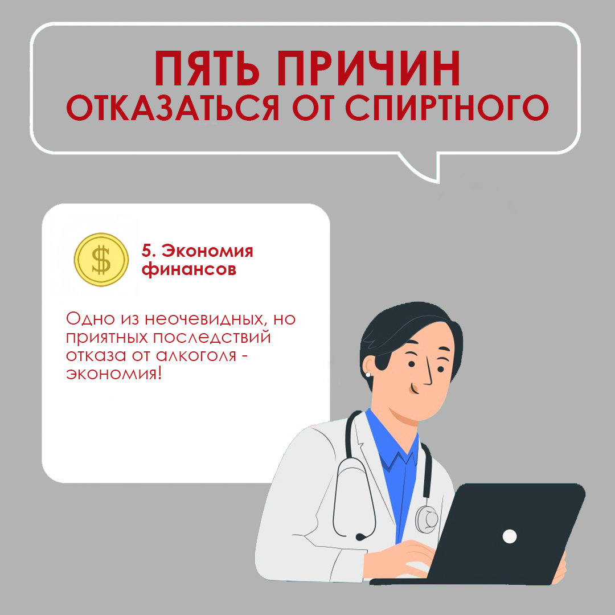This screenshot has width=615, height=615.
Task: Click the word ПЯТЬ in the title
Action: (207, 69)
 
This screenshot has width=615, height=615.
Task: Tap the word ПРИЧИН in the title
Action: (368, 69)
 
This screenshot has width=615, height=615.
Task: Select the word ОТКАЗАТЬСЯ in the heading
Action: (173, 108)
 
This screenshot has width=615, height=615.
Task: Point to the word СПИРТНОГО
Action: (447, 108)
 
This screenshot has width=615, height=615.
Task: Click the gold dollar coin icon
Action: (101, 259)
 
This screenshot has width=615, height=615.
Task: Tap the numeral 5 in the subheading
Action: (146, 251)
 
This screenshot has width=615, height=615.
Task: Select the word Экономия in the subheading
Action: (207, 251)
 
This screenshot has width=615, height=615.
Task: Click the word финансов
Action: (189, 269)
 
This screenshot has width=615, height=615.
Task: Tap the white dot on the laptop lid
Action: (510, 536)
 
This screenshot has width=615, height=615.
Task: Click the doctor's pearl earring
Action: (368, 374)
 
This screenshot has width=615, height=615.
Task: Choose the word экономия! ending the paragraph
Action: (114, 374)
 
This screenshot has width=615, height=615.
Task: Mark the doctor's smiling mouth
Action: (413, 389)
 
